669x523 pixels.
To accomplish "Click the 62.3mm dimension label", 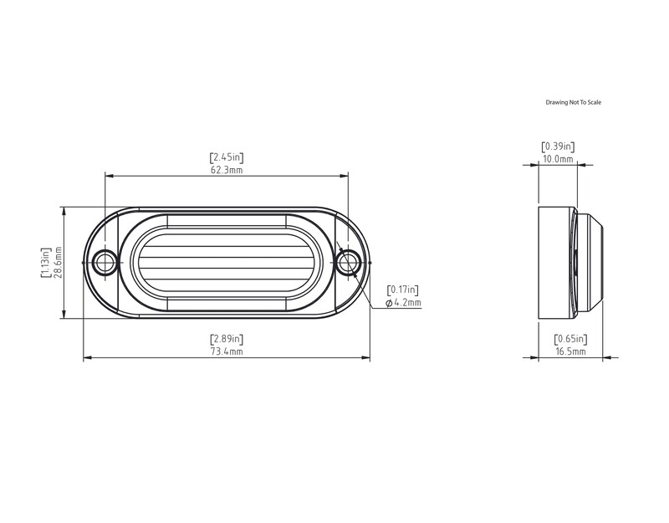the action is [227, 170].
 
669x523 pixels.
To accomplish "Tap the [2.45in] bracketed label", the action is [227, 157].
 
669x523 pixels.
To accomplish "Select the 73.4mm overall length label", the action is [227, 351].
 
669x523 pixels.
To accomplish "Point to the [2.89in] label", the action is [227, 339].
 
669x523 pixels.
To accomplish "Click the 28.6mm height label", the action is [59, 263].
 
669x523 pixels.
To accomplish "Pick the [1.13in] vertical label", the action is [46, 263].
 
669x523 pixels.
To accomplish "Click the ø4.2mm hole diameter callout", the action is [403, 303].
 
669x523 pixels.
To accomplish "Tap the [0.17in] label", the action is [403, 290].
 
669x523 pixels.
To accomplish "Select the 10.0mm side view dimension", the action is [558, 159].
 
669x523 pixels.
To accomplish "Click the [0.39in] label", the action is [558, 147].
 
